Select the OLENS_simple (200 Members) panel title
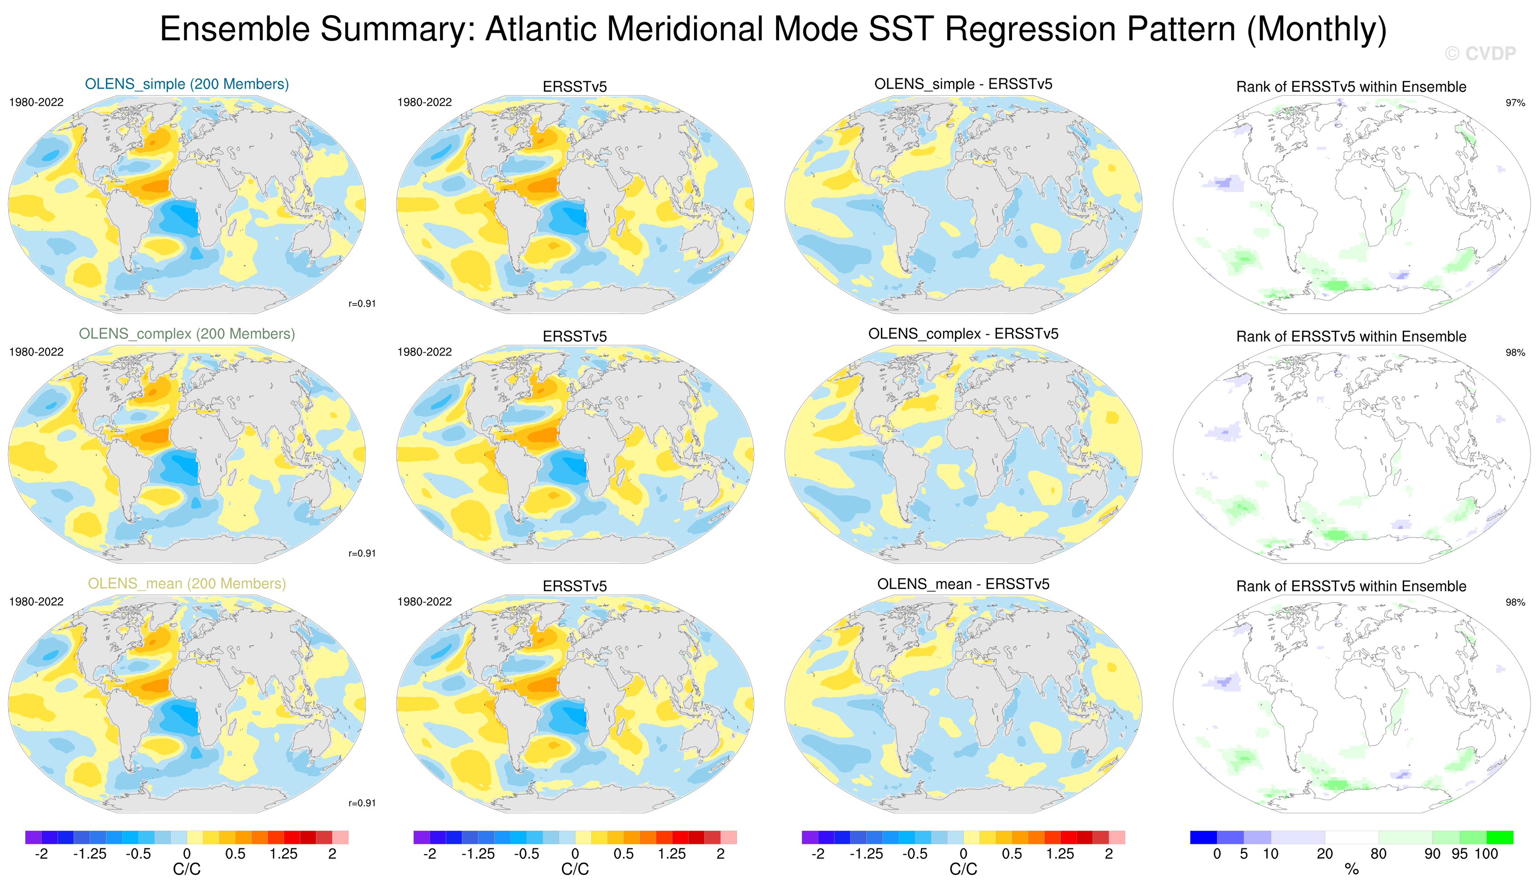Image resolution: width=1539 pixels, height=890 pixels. (187, 84)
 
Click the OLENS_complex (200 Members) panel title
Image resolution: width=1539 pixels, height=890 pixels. (187, 334)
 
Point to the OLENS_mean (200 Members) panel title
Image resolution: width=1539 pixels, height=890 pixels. (187, 584)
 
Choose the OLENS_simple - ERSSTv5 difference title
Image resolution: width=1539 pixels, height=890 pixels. (963, 84)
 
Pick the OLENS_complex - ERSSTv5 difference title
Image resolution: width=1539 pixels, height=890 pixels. (963, 334)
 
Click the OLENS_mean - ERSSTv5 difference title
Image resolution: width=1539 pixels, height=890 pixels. (963, 584)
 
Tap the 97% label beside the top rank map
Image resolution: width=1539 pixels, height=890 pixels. (1515, 103)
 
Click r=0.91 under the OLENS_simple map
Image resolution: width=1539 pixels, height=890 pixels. (362, 304)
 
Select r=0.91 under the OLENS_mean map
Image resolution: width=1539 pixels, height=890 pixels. (362, 803)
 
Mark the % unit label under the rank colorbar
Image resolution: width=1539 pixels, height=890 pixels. (1352, 869)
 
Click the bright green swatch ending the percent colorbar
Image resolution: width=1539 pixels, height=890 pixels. (1500, 837)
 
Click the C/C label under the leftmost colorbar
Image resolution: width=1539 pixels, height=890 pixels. (187, 869)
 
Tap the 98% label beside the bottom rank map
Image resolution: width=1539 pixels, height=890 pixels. (1515, 602)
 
